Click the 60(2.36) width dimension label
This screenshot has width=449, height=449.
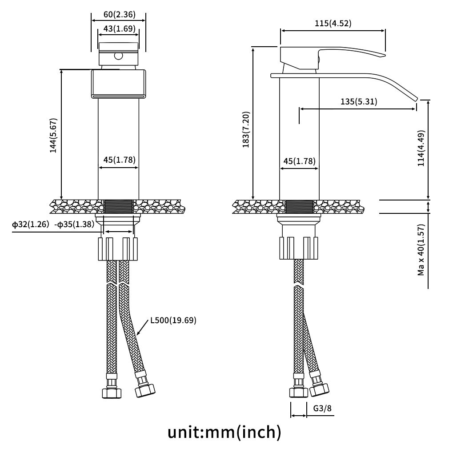point(120,14)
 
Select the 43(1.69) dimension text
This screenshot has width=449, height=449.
point(120,28)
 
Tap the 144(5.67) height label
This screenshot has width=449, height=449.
point(53,136)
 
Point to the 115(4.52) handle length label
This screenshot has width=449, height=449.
point(333,23)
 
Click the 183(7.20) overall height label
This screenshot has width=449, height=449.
point(246,129)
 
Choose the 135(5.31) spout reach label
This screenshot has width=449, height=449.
point(359,102)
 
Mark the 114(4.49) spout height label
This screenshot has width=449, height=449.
point(421,148)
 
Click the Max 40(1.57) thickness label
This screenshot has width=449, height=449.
point(421,250)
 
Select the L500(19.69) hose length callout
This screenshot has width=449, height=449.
point(173,320)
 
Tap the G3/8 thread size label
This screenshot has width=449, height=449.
point(322,408)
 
